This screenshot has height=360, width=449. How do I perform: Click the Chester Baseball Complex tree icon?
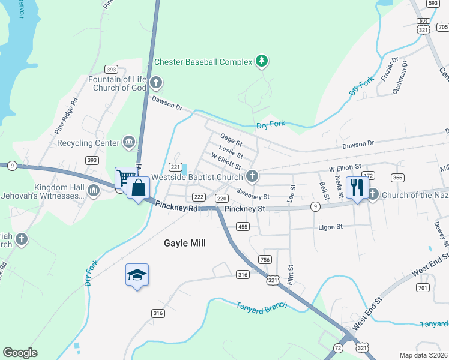pyautogui.click(x=261, y=61)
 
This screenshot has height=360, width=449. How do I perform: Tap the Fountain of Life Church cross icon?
pyautogui.click(x=156, y=82)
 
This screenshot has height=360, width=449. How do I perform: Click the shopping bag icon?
pyautogui.click(x=139, y=187)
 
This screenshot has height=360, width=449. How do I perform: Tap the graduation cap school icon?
pyautogui.click(x=137, y=275)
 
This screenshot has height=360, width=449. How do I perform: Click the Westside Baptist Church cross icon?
pyautogui.click(x=252, y=176)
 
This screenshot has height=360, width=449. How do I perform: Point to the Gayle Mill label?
pyautogui.click(x=185, y=243)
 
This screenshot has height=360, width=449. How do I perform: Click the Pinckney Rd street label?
pyautogui.click(x=176, y=206)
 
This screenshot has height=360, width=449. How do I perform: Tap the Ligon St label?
pyautogui.click(x=330, y=227)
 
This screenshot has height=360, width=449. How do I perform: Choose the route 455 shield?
pyautogui.click(x=243, y=226)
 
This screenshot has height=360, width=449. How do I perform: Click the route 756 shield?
pyautogui.click(x=265, y=259)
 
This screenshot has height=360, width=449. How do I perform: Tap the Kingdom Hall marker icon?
pyautogui.click(x=93, y=191)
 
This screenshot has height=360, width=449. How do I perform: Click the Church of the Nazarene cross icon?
pyautogui.click(x=373, y=194)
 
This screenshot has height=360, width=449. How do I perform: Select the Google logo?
pyautogui.click(x=20, y=353)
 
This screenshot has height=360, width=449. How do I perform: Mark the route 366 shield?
pyautogui.click(x=397, y=178)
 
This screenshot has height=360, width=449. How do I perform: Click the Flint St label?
pyautogui.click(x=291, y=276)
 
